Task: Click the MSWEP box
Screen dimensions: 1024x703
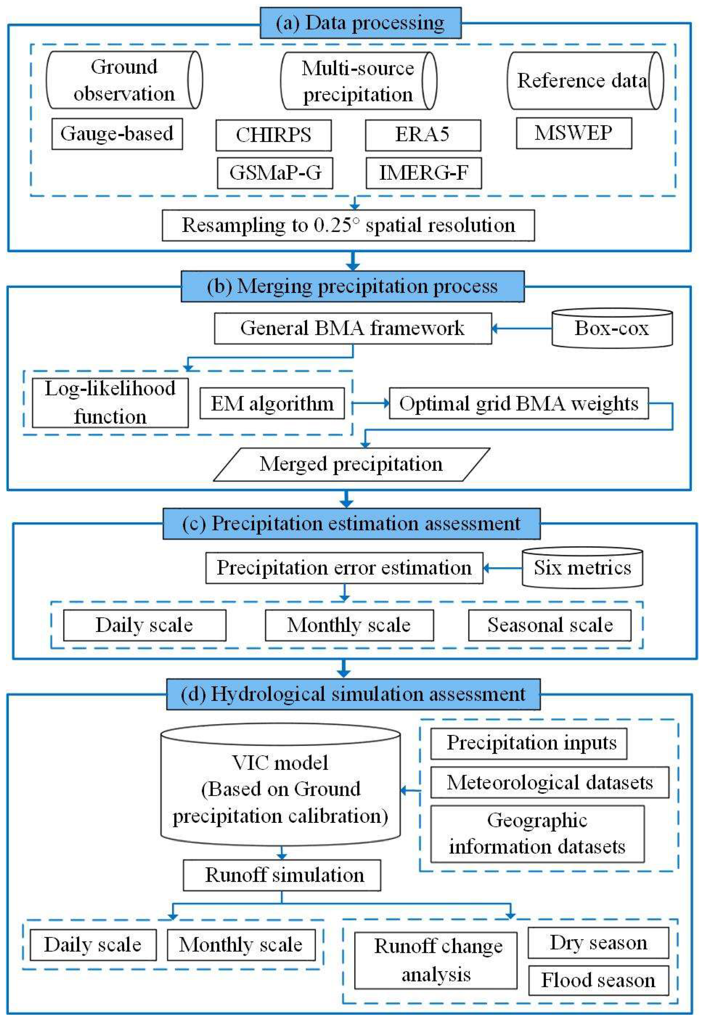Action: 573,133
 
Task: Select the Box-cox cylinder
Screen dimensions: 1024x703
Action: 612,329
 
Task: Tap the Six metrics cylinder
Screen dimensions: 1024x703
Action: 582,568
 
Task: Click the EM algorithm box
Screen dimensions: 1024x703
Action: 272,404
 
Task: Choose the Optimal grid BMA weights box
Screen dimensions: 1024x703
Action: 519,404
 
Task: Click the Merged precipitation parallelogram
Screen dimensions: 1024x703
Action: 351,464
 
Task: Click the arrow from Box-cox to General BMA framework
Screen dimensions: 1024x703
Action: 522,329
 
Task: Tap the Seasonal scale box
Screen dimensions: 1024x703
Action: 549,625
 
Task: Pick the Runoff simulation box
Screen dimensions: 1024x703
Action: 282,876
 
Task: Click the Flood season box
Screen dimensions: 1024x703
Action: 598,981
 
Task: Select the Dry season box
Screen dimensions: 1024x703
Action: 598,943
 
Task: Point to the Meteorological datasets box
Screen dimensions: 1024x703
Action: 549,783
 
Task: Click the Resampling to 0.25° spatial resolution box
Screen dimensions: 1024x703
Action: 348,226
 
